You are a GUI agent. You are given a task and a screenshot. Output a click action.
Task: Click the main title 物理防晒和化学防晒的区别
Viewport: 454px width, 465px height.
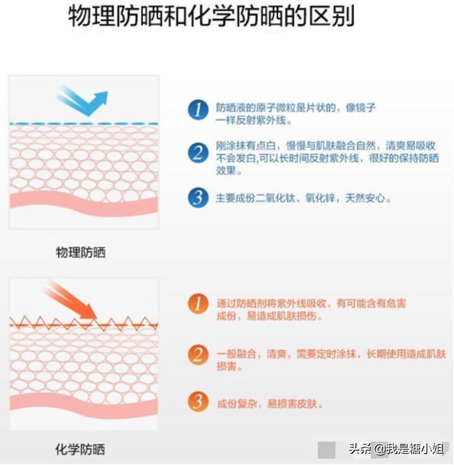pos(211,18)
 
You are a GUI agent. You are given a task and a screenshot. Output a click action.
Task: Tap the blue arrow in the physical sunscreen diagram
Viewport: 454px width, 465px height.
pos(82,100)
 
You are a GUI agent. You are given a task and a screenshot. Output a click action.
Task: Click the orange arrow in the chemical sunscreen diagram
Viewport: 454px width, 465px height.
pos(73,299)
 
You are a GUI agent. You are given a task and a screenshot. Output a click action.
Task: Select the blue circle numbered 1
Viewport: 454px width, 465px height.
pos(198,110)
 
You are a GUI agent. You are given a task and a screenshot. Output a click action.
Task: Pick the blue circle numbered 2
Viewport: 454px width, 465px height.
pos(198,152)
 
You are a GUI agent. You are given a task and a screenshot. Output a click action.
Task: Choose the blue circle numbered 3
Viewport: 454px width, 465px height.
pos(198,197)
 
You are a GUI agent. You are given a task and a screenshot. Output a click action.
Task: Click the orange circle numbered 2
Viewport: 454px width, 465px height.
pos(198,354)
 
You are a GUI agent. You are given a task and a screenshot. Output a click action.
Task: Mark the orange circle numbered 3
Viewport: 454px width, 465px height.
pos(198,401)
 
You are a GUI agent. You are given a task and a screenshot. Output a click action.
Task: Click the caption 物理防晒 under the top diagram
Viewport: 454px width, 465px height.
pos(81,253)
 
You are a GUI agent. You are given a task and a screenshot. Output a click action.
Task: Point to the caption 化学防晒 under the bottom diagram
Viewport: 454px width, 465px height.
pos(80,449)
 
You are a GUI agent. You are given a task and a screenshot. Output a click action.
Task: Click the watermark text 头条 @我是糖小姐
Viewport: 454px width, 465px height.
pos(395,449)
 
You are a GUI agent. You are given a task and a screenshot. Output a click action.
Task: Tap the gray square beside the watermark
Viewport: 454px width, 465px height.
pos(326,449)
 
